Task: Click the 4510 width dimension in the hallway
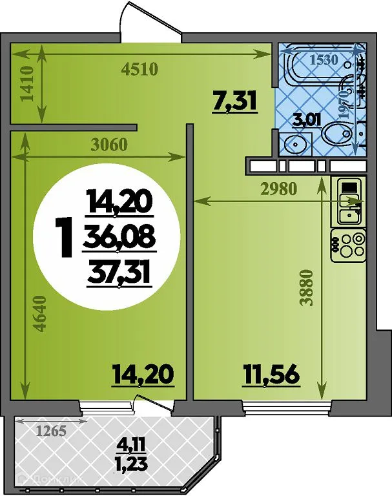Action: [x=140, y=70]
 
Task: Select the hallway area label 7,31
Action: [x=235, y=101]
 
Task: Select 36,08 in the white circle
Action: [x=119, y=239]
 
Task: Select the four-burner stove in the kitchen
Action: [x=349, y=245]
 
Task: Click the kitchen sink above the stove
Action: [x=349, y=201]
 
